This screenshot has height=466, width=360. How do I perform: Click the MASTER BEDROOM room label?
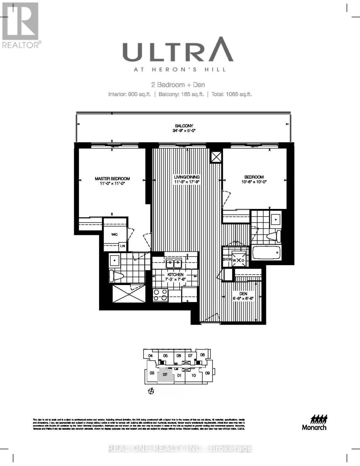[x=112, y=179]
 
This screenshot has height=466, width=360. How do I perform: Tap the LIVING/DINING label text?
[x=186, y=177]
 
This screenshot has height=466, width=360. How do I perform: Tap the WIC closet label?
[x=114, y=235]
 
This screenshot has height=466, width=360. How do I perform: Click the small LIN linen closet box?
[x=122, y=246]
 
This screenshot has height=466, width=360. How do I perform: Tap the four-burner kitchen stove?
[x=160, y=295]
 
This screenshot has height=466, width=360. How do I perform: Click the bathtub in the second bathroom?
[x=266, y=253]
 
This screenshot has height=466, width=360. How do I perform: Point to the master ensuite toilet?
[x=116, y=275]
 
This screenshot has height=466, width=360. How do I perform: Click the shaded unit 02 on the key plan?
[x=165, y=375]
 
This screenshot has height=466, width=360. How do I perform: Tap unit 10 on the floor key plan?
[x=194, y=375]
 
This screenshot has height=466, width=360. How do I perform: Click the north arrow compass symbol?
[x=152, y=391]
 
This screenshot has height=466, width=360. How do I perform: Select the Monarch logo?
[x=314, y=422]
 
